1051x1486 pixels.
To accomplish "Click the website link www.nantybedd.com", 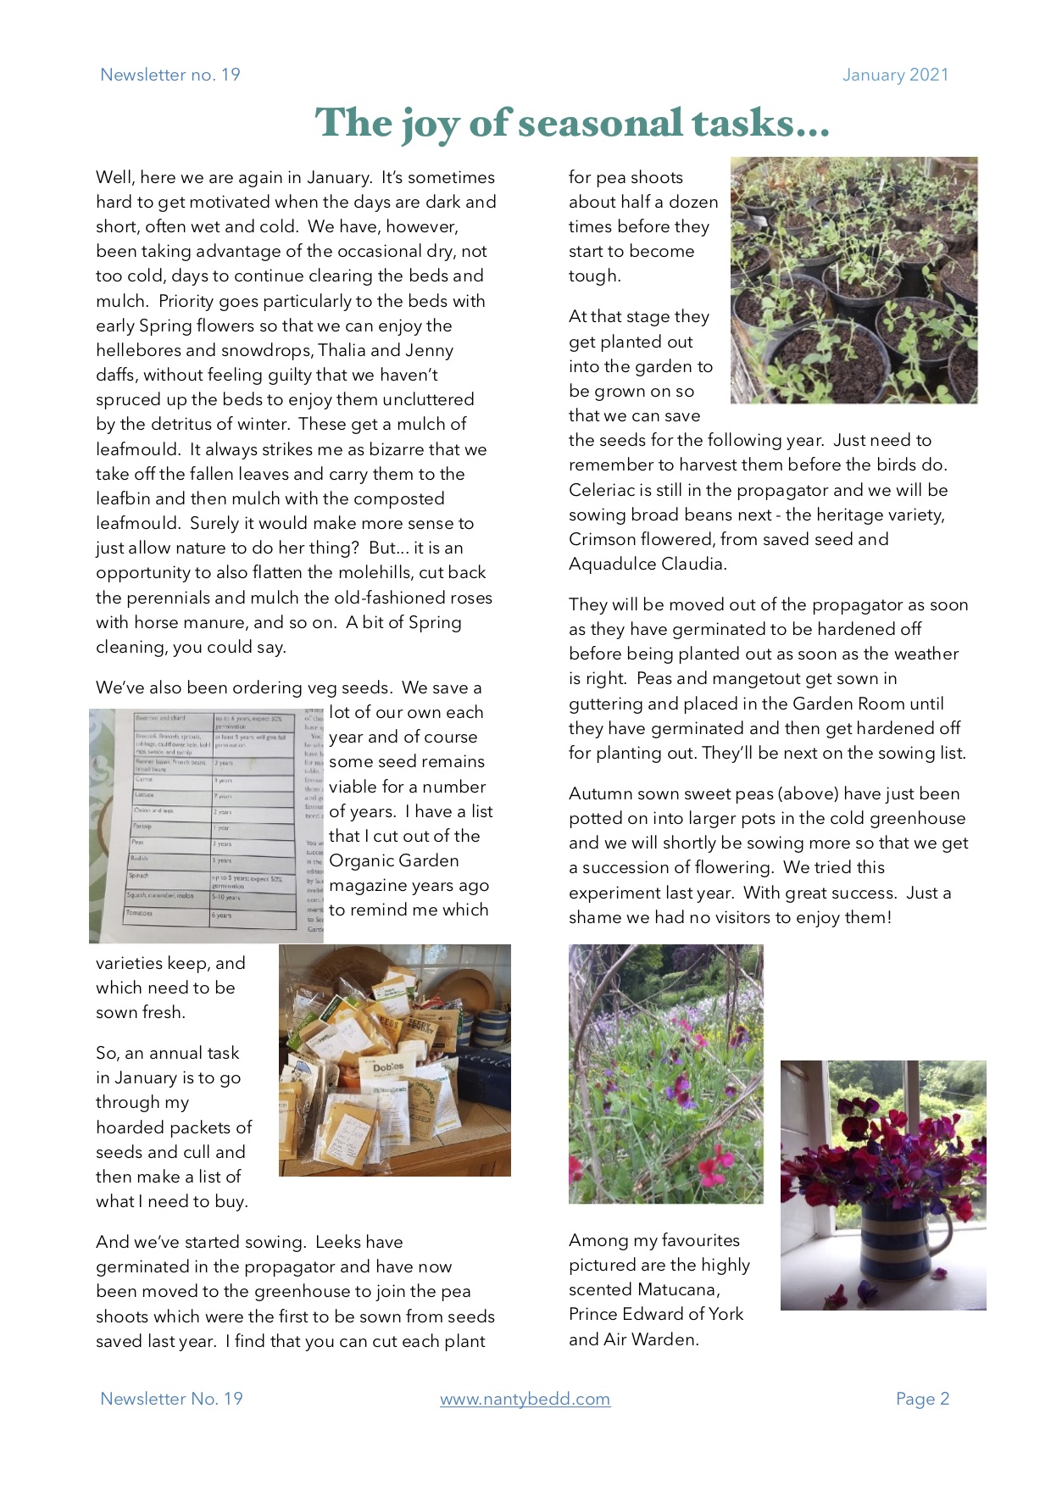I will coord(525,1399).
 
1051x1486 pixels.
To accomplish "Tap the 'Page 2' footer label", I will coord(922,1399).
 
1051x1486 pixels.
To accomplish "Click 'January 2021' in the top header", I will coord(895,75).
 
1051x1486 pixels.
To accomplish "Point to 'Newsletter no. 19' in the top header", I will coord(170,75).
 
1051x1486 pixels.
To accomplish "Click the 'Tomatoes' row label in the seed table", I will coord(141,913).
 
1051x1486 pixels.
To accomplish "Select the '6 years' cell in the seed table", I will coord(223,916).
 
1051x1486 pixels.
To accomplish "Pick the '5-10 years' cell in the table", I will coord(227,897).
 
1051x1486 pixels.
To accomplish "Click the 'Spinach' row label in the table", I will coord(138,876).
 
